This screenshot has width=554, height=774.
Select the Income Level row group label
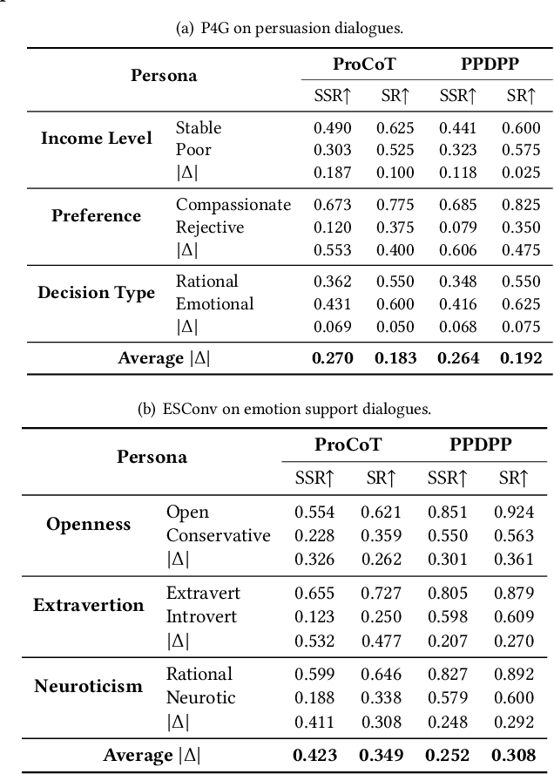[x=96, y=139]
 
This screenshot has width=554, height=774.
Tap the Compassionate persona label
[x=233, y=205]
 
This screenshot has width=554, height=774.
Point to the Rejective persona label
[x=209, y=227]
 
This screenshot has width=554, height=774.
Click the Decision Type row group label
[x=96, y=292]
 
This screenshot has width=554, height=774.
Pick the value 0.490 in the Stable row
[x=332, y=127]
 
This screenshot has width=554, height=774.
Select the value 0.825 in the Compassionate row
[x=521, y=205]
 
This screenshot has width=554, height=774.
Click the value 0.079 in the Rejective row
[x=457, y=227]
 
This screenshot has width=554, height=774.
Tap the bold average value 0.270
[x=332, y=357]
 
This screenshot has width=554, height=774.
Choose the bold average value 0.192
[x=521, y=357]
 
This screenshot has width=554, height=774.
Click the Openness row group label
[x=89, y=524]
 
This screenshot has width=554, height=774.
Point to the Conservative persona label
[x=218, y=535]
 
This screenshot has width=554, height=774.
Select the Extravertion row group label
[x=89, y=605]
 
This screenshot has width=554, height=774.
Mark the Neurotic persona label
[x=200, y=697]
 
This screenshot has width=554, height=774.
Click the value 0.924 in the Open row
[x=513, y=513]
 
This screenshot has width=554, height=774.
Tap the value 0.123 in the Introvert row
[x=314, y=616]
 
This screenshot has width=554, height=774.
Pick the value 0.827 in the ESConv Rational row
[x=447, y=674]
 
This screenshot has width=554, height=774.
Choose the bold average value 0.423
[x=314, y=754]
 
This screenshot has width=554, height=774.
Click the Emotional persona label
[x=214, y=303]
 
